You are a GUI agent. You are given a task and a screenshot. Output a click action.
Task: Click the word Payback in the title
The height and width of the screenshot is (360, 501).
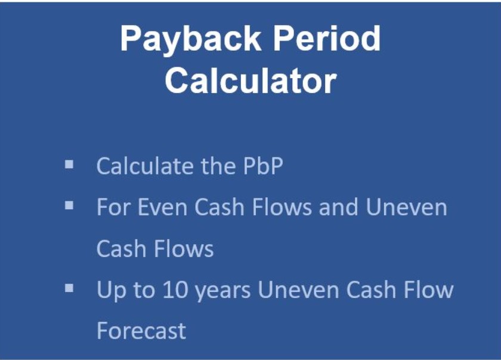click(190, 39)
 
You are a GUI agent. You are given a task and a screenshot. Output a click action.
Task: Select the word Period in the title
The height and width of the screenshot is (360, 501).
click(327, 38)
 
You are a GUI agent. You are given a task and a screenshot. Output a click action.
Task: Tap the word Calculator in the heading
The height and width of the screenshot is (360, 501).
click(251, 80)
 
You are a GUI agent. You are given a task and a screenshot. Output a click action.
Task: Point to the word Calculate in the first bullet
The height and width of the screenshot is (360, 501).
click(145, 166)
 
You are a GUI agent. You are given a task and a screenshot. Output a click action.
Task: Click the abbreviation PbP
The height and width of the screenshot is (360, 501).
click(263, 166)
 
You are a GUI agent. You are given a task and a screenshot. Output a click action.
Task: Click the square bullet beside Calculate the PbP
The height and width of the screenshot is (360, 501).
click(69, 165)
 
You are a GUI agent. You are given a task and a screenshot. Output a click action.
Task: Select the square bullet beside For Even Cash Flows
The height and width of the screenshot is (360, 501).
click(69, 206)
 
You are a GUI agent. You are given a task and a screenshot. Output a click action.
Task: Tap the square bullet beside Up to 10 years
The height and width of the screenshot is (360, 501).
click(69, 288)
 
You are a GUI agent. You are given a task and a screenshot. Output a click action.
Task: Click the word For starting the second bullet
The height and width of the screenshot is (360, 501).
click(114, 207)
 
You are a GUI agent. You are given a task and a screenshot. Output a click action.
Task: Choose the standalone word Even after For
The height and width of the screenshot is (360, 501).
click(162, 207)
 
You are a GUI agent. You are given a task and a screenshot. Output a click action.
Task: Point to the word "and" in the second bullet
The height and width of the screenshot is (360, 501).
click(338, 207)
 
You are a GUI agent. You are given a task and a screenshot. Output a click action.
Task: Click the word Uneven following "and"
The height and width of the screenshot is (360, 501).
click(406, 207)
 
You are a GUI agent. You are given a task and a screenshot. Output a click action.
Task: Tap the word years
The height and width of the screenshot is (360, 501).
click(222, 291)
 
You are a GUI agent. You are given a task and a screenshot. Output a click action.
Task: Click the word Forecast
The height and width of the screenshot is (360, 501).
click(141, 331)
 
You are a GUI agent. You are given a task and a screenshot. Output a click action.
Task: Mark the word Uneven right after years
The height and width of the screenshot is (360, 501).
click(298, 290)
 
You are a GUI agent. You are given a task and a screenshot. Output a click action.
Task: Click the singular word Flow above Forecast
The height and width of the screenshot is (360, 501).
click(428, 290)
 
